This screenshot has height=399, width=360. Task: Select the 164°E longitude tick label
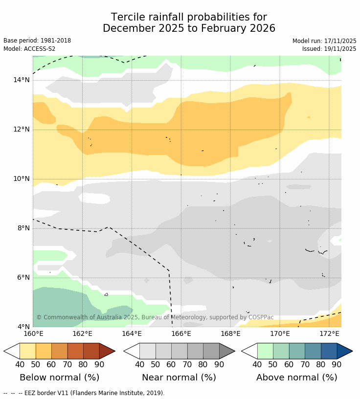(132, 333)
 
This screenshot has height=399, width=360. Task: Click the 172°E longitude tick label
(329, 333)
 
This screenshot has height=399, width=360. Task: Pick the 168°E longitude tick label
(230, 333)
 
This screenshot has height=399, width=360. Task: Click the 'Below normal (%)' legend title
(59, 377)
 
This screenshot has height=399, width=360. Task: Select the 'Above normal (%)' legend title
(297, 377)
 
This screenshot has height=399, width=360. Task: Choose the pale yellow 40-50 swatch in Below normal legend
(27, 351)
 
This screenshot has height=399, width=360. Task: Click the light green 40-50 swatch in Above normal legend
(265, 351)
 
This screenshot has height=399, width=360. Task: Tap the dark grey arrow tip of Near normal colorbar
(226, 351)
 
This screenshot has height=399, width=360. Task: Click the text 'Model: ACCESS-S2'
(29, 49)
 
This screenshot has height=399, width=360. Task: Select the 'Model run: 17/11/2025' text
(324, 41)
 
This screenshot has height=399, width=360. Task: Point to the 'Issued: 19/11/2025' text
(329, 49)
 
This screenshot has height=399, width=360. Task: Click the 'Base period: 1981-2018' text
(37, 41)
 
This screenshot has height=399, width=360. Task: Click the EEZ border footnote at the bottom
(84, 393)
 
